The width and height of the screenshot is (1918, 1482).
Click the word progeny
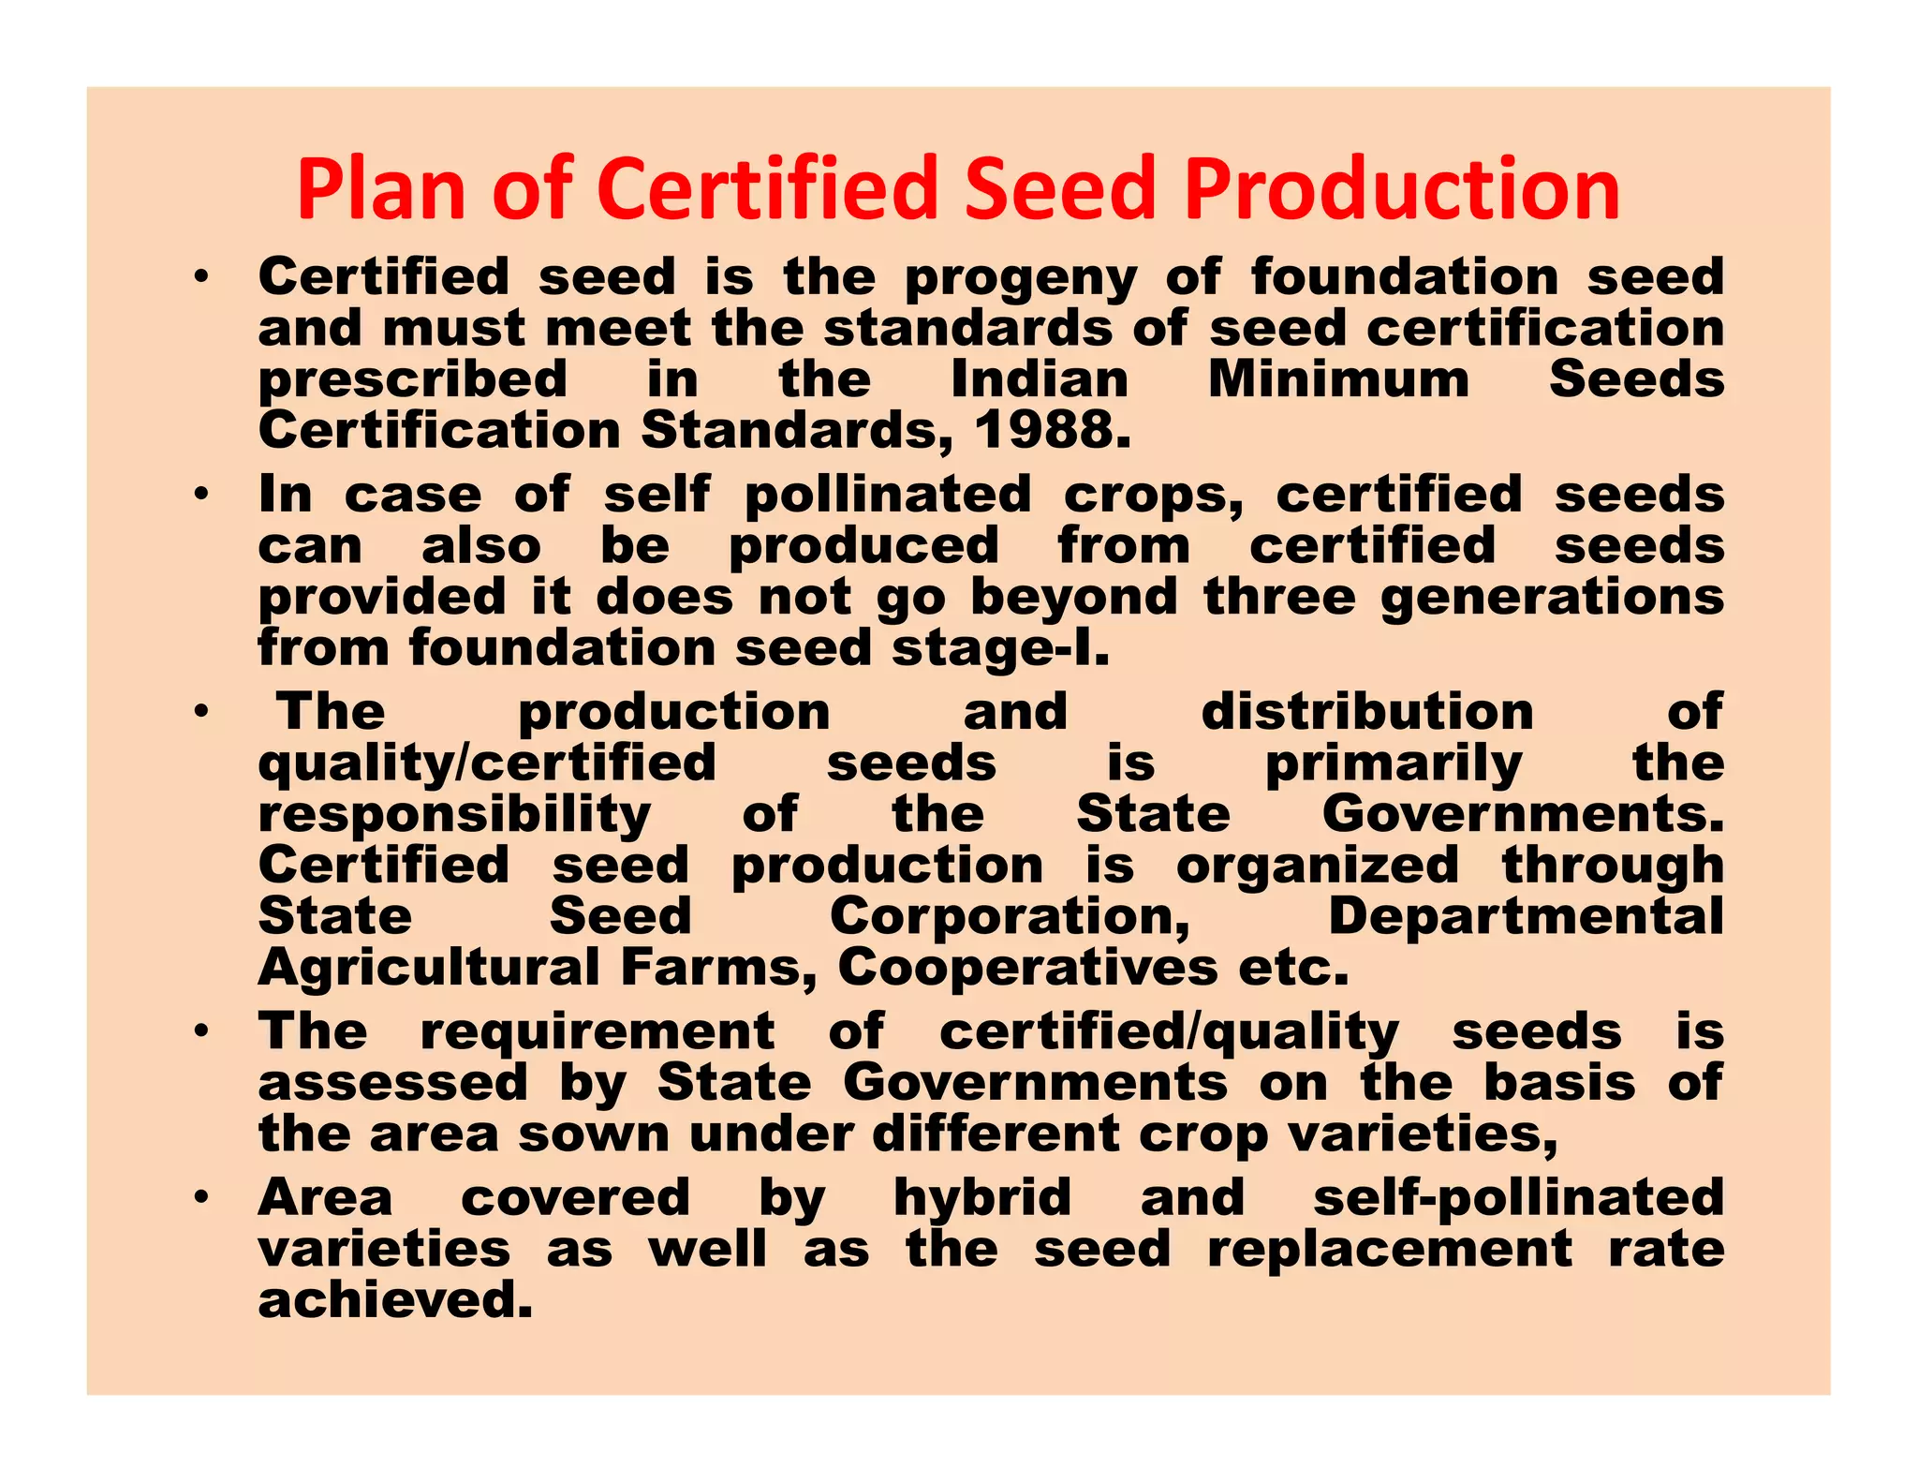(1022, 278)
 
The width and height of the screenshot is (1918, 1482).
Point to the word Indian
(1040, 379)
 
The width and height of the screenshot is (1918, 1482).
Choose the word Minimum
(1338, 379)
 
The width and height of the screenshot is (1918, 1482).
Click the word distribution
(1367, 712)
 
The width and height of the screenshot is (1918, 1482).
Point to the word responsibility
(454, 815)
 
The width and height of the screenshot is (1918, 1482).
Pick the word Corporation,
(1011, 916)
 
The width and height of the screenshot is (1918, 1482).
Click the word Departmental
(1526, 916)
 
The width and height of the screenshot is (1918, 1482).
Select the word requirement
(598, 1031)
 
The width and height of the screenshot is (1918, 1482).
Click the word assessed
(393, 1083)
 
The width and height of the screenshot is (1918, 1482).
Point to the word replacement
(1390, 1249)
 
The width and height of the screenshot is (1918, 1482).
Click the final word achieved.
(395, 1300)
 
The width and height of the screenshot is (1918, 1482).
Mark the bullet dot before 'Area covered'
(200, 1197)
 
